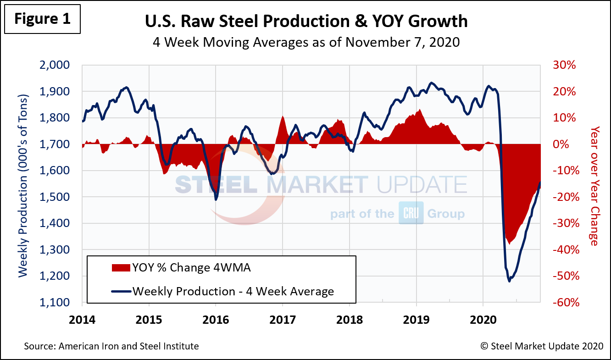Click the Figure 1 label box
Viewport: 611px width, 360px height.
[42, 19]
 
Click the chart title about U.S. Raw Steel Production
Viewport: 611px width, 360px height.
[306, 21]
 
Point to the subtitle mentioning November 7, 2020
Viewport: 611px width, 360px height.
[306, 42]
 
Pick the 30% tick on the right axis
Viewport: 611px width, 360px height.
[563, 65]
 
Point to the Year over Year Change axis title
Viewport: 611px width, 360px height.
[594, 186]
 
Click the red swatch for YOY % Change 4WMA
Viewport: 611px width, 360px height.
[120, 268]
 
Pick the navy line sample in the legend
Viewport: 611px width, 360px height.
[120, 291]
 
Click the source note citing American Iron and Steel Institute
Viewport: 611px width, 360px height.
[111, 346]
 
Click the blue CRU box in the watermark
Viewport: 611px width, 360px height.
[411, 214]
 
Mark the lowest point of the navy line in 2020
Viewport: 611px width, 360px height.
[509, 281]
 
